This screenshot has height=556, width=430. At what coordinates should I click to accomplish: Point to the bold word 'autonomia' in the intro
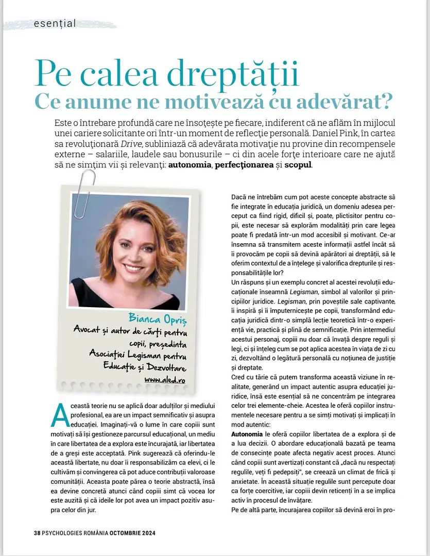tap(190, 165)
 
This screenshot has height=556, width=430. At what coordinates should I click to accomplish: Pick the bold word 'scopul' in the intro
tap(298, 165)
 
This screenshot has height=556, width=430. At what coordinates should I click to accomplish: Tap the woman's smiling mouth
tap(133, 268)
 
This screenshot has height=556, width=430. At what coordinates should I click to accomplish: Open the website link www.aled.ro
tap(165, 380)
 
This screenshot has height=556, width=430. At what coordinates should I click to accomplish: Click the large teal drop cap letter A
tap(60, 415)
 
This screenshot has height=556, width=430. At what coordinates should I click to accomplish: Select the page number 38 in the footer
tap(30, 533)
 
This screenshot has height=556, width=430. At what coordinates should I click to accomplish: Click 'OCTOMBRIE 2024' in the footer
tap(132, 533)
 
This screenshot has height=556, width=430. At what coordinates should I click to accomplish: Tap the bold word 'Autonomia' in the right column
tap(247, 434)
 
